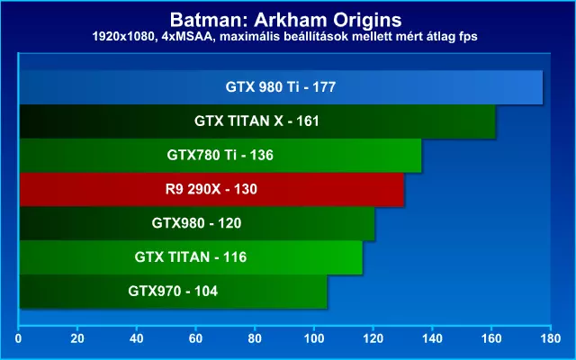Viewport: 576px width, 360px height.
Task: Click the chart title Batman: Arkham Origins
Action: point(286,20)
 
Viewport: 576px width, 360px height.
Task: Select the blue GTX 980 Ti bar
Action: point(281,87)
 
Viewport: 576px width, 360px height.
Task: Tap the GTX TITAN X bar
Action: point(257,121)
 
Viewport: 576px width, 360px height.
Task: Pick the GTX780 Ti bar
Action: point(220,156)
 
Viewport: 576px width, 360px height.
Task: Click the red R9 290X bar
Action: point(211,190)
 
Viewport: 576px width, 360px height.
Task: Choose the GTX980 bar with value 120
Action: point(197,223)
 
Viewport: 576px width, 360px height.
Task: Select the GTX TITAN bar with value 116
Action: point(191,257)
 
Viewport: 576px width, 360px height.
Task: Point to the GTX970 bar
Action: point(173,292)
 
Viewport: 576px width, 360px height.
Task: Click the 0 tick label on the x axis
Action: point(18,338)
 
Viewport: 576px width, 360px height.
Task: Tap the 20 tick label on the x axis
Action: point(77,338)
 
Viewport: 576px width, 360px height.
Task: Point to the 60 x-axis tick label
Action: point(196,338)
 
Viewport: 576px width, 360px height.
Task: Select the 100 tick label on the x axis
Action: point(314,338)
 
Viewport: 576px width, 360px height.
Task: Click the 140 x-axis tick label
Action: point(432,338)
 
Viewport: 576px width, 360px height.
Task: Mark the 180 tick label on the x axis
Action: point(550,338)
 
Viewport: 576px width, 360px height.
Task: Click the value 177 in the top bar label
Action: point(324,87)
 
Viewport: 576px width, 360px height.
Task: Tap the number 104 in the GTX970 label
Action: point(206,292)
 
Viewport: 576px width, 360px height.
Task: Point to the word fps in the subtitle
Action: point(467,37)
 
